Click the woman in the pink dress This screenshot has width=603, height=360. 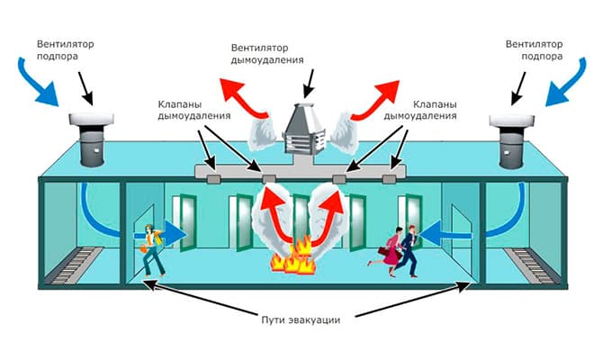pos(391,252)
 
